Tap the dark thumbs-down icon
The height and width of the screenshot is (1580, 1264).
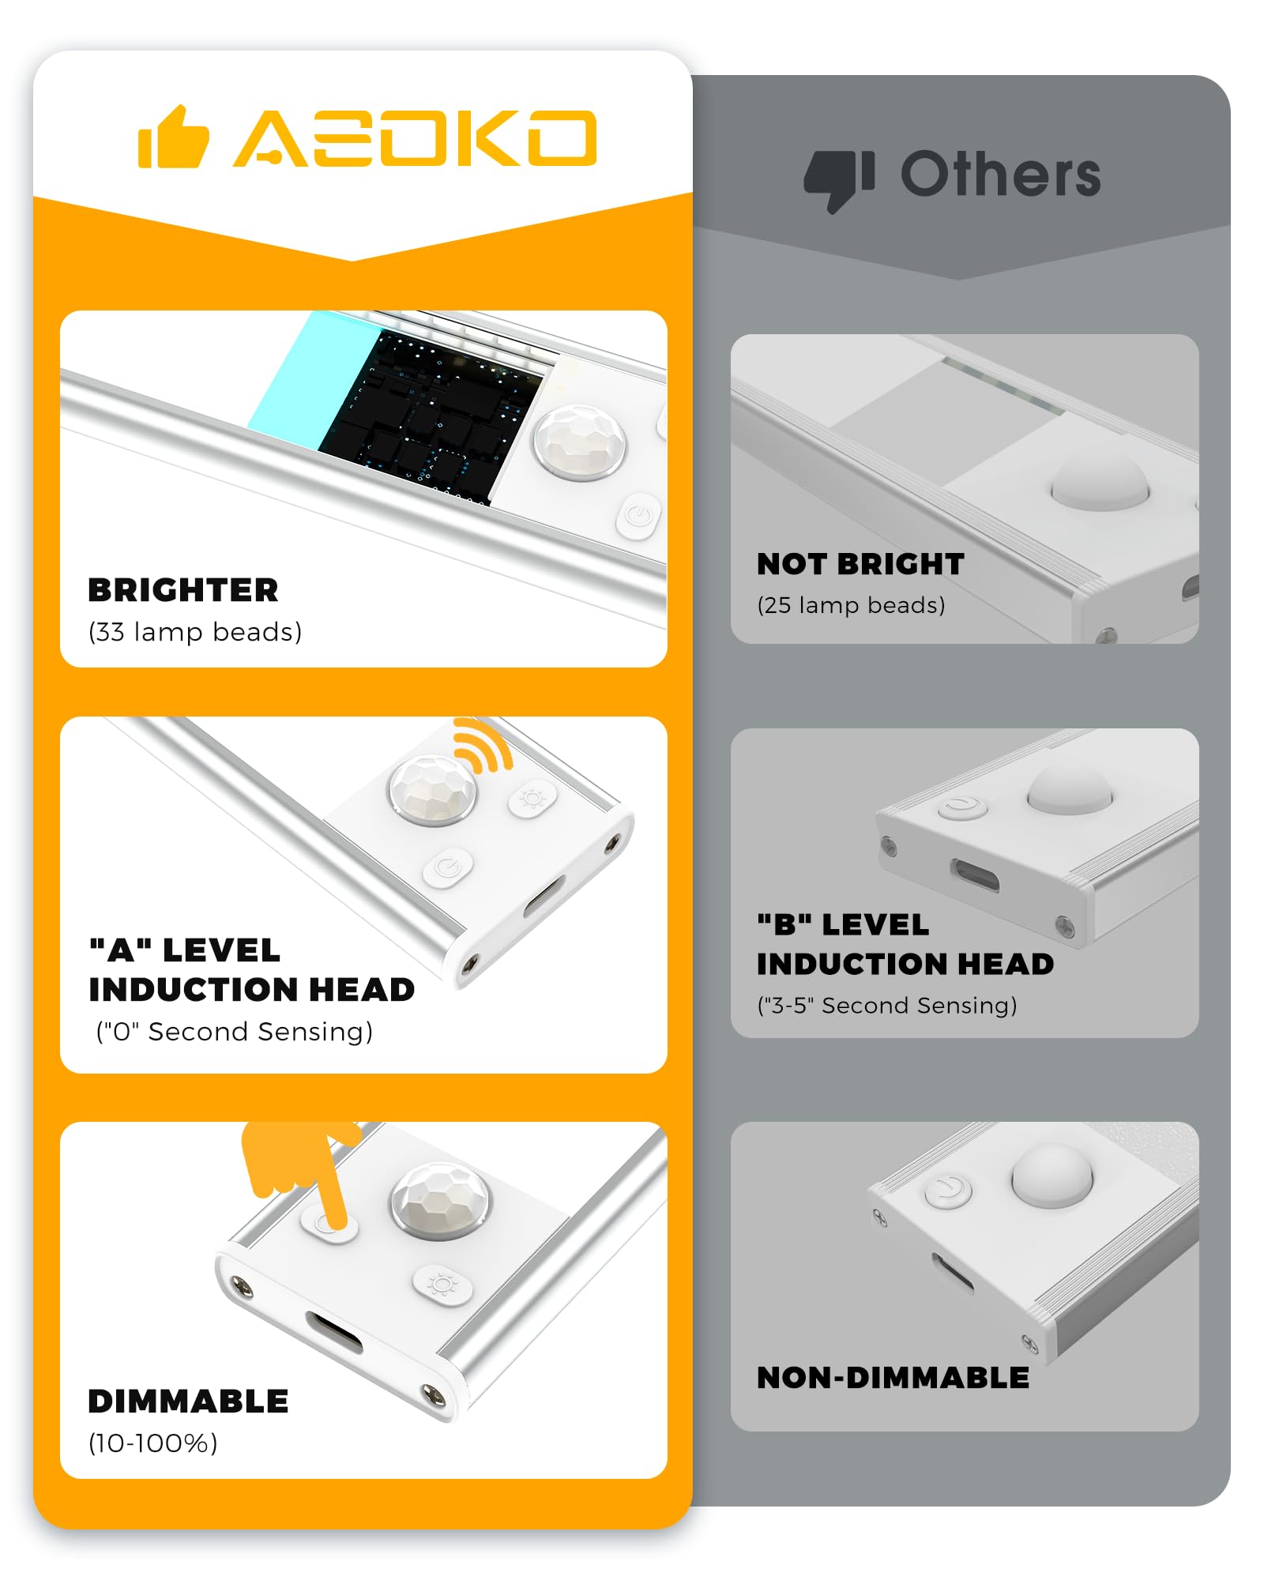tap(839, 181)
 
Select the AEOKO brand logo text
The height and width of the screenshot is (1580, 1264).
tap(415, 138)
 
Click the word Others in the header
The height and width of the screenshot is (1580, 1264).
tap(1000, 174)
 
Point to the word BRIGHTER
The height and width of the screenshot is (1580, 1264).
tap(183, 590)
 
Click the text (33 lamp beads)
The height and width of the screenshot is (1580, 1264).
tap(195, 632)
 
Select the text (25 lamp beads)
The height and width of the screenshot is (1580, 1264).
tap(851, 605)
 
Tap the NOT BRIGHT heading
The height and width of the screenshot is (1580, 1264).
tap(860, 564)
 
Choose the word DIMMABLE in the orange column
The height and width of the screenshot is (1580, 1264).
tap(188, 1401)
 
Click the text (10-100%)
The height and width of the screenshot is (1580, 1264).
tap(152, 1443)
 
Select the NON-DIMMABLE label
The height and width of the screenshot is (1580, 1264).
tap(893, 1378)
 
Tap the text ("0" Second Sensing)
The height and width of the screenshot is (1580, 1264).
tap(234, 1032)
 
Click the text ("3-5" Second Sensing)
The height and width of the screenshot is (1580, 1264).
tap(887, 1006)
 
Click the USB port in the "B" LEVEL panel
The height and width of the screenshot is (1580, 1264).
tap(975, 876)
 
